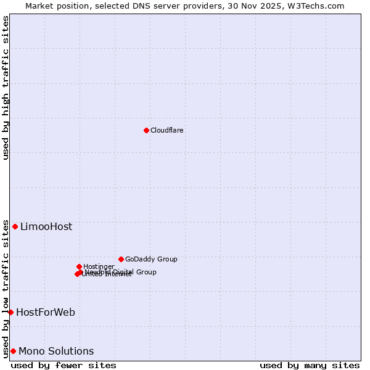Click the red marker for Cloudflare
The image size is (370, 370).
[x=146, y=130]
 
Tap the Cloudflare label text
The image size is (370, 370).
[x=167, y=131]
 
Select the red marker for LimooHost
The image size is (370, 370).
[x=15, y=226]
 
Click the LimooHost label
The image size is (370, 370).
[x=46, y=227]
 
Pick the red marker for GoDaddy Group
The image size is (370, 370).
[x=121, y=259]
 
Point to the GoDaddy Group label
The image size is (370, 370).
[x=151, y=260]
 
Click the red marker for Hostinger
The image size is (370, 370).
[x=79, y=266]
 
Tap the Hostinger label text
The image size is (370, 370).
[x=99, y=266]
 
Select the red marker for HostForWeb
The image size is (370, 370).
[x=10, y=312]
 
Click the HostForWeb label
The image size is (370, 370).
[x=46, y=313]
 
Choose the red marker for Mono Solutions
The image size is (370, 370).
[x=13, y=351]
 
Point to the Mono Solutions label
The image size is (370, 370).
[x=56, y=351]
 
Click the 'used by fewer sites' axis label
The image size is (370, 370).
[x=64, y=366]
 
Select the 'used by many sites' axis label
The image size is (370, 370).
[x=310, y=366]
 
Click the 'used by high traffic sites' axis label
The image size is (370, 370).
[x=6, y=88]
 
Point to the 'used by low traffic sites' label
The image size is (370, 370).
[x=6, y=289]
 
